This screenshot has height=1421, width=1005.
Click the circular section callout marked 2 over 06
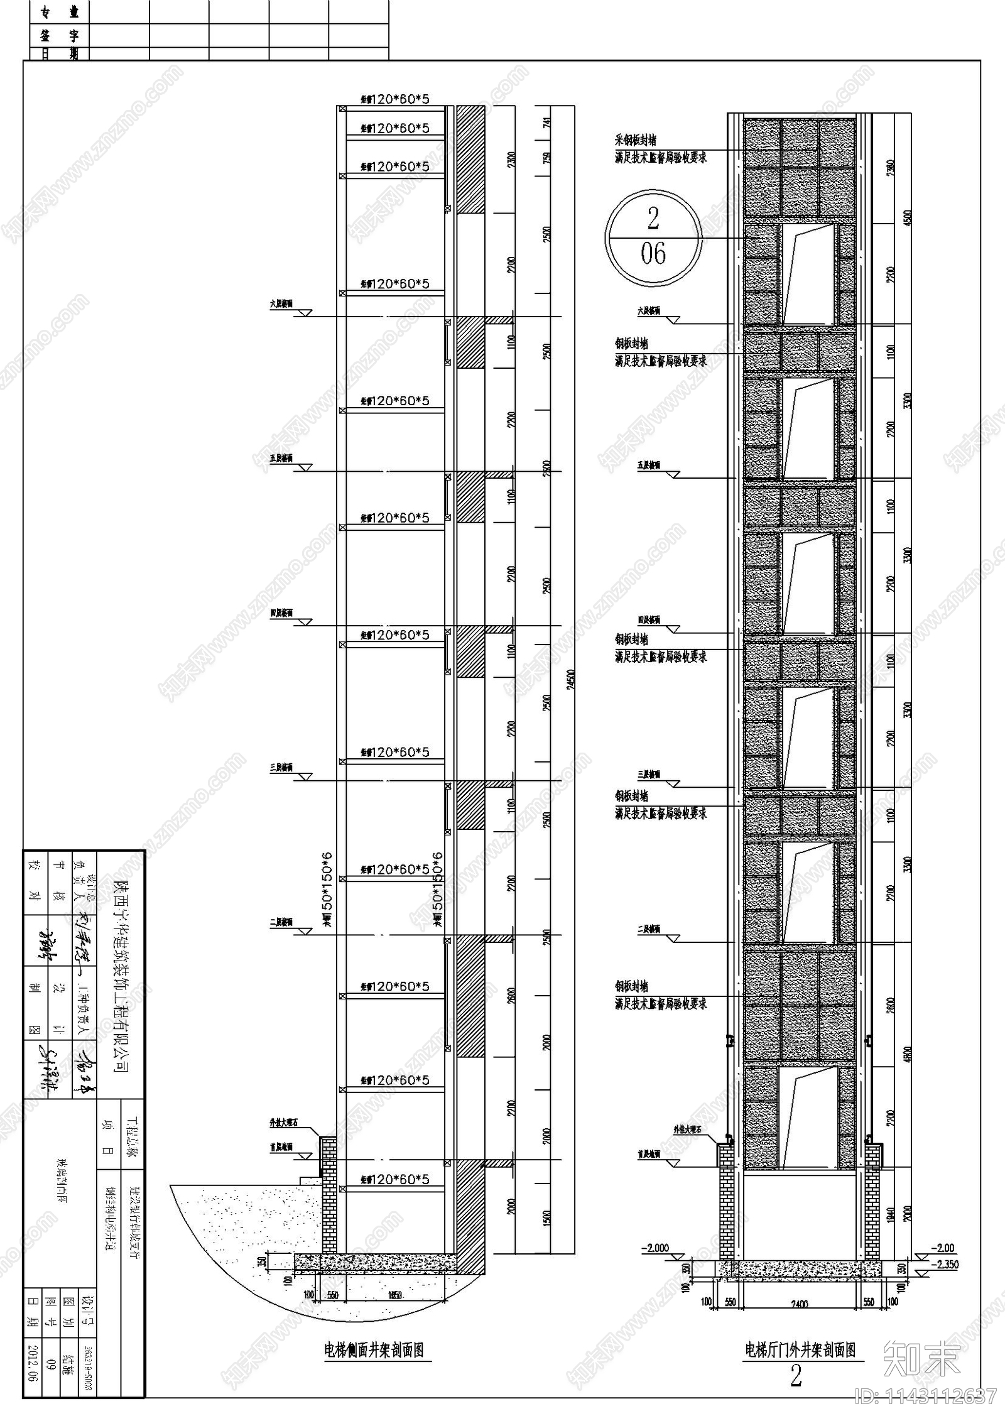pyautogui.click(x=653, y=237)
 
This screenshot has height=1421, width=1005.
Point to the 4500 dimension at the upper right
pyautogui.click(x=906, y=219)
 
